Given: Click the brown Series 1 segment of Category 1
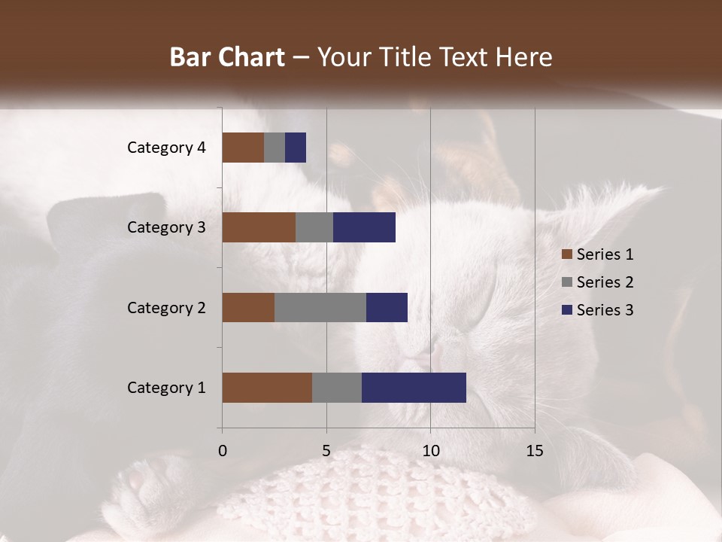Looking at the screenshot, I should click(x=267, y=387).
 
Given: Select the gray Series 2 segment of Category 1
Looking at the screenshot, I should click(x=337, y=387).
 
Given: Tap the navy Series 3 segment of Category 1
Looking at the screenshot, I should click(x=414, y=387).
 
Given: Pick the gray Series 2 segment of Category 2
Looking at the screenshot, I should click(x=320, y=307).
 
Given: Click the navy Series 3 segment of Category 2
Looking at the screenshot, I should click(x=387, y=307).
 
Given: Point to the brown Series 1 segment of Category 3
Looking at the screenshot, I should click(x=259, y=227).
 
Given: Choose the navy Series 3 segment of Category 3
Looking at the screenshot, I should click(x=364, y=227).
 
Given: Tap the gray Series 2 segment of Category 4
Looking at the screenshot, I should click(x=275, y=148).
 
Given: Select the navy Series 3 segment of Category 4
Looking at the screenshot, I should click(x=296, y=148).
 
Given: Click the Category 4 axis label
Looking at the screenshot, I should click(x=166, y=148).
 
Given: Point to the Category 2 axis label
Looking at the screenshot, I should click(x=166, y=307).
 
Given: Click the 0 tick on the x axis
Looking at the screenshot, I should click(x=223, y=451).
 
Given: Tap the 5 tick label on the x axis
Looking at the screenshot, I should click(x=326, y=451).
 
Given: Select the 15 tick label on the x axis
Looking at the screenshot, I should click(x=534, y=451).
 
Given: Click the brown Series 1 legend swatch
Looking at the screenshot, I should click(x=566, y=254).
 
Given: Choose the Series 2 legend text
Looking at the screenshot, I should click(x=605, y=282).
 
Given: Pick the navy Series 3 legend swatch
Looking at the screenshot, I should click(x=566, y=310).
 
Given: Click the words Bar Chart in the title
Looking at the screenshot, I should click(x=227, y=57).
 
